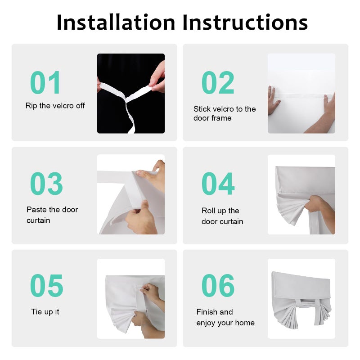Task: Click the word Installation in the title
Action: click(x=116, y=22)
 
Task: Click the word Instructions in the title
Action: click(x=245, y=22)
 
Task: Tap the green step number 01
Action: click(x=45, y=82)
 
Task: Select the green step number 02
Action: click(x=218, y=82)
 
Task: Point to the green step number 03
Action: click(x=46, y=184)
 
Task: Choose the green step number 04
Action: click(x=218, y=184)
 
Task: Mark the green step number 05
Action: click(x=47, y=285)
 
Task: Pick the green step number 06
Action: click(x=218, y=285)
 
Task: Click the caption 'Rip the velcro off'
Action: click(x=55, y=106)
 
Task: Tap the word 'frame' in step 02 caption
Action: click(x=221, y=118)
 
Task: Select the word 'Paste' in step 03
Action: click(x=36, y=209)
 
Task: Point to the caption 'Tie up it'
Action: click(x=45, y=312)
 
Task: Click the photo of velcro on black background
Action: click(x=131, y=94)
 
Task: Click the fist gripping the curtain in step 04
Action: click(x=313, y=203)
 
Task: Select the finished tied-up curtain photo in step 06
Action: click(x=301, y=299)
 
